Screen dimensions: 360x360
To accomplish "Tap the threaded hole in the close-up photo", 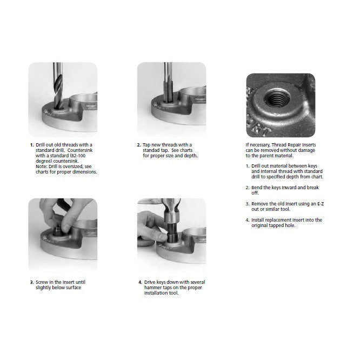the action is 276,98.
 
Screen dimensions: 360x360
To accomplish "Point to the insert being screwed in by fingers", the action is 58,231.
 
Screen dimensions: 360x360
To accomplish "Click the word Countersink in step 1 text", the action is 80,150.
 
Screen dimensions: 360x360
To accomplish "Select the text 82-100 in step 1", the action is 78,156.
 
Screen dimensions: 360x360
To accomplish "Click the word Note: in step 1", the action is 41,166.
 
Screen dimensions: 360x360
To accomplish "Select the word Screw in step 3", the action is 42,282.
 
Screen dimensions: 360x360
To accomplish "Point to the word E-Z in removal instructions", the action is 321,204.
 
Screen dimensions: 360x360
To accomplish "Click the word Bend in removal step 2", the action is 257,188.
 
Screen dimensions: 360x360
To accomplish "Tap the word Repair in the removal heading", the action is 294,145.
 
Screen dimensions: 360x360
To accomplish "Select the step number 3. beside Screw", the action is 32,282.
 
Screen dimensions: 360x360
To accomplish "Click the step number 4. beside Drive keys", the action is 141,282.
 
